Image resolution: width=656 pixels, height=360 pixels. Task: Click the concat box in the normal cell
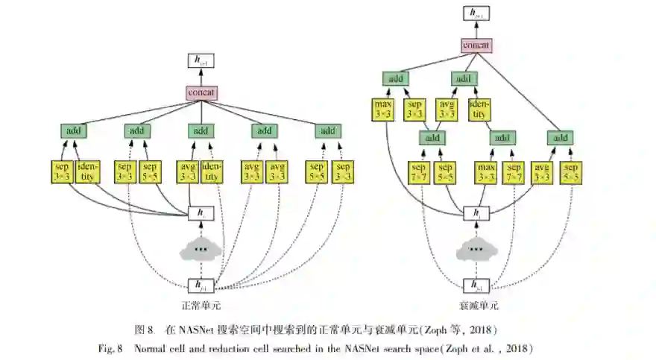tap(201, 93)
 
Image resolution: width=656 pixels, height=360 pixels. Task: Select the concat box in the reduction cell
tap(476, 45)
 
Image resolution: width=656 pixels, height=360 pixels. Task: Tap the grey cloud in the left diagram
tap(200, 249)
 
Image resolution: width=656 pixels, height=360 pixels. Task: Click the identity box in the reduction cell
tap(479, 110)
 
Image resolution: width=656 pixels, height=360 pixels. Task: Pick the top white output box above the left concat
tap(201, 63)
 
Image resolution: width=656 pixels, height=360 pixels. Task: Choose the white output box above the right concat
tap(476, 13)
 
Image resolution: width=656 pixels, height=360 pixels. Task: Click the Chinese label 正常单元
tap(201, 306)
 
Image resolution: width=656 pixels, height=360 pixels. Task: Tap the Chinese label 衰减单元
tap(478, 306)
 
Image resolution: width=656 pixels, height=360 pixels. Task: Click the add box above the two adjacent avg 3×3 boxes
tap(263, 131)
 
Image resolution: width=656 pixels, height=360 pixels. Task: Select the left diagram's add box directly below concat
tap(201, 131)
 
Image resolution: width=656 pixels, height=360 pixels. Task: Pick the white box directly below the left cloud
tap(200, 285)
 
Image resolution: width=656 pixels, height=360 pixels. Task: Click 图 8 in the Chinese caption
tap(144, 329)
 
